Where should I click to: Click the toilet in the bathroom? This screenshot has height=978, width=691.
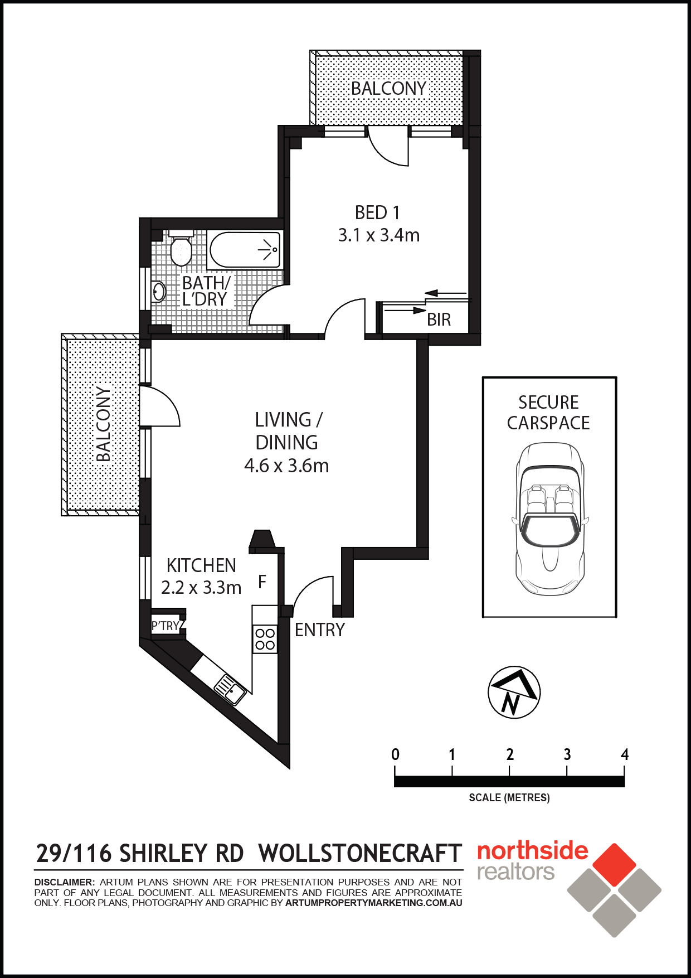tap(181, 248)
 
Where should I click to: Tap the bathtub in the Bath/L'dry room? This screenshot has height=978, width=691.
tap(245, 250)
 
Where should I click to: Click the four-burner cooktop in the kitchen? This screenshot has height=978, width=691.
tap(265, 639)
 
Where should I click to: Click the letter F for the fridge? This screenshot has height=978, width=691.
tap(262, 582)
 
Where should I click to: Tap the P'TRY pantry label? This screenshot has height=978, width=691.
tap(166, 626)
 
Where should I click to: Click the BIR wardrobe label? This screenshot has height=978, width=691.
tap(439, 319)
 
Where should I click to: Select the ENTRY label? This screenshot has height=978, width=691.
tap(320, 630)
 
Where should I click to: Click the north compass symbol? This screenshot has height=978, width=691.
tap(514, 693)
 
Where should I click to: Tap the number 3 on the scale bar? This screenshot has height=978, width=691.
tap(567, 754)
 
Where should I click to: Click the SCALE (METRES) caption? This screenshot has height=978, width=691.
tap(509, 798)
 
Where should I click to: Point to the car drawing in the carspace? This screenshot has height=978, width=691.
tap(550, 519)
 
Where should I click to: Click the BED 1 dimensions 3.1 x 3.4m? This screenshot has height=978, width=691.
tap(379, 235)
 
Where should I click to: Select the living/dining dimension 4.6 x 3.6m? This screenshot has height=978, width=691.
tap(286, 466)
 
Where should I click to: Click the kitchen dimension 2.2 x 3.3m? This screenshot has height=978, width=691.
tap(201, 588)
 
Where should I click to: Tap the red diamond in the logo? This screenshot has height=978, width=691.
tap(614, 865)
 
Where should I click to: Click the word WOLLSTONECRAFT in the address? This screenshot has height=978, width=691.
tap(361, 854)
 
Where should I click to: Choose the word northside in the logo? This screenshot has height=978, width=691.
tap(533, 851)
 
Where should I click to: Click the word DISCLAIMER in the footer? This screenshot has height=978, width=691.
tap(65, 883)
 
